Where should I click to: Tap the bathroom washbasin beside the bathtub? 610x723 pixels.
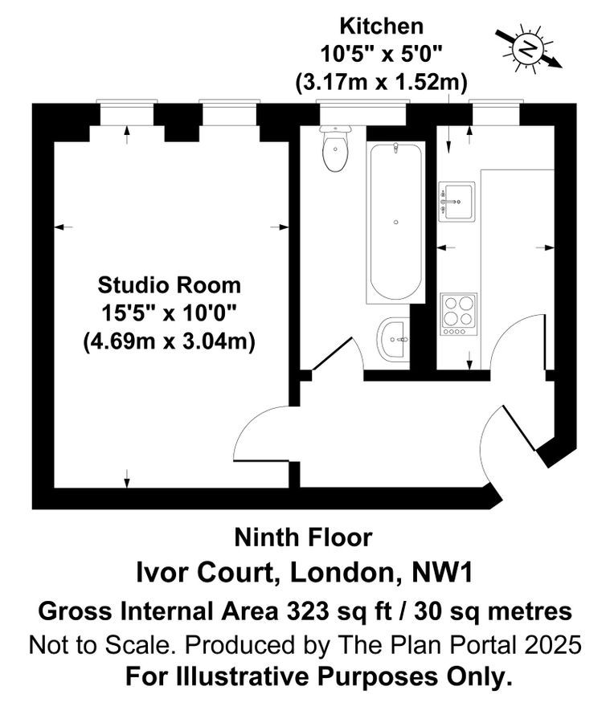pos(393,339)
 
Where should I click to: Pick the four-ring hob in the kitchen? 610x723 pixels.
pos(459,313)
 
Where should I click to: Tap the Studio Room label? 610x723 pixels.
pos(169,284)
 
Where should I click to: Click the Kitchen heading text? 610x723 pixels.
pos(381,26)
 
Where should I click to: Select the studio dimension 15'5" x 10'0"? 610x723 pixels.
pos(169,312)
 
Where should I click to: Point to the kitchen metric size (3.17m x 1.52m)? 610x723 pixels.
pos(381,82)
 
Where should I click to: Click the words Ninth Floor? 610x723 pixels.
pos(303,537)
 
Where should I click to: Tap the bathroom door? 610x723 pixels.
pos(333,354)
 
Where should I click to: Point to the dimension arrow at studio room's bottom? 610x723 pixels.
pos(127,479)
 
